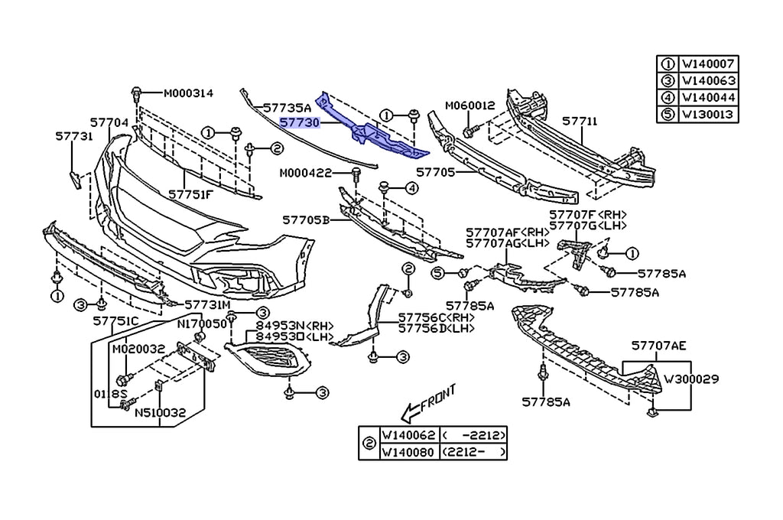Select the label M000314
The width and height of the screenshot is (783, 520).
click(188, 93)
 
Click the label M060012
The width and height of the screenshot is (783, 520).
click(470, 106)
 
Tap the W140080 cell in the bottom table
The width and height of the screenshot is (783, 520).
click(408, 452)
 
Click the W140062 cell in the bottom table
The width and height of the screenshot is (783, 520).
click(408, 436)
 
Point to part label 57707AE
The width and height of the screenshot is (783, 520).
click(658, 346)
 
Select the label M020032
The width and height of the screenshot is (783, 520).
click(138, 349)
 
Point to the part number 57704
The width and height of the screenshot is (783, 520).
click(109, 122)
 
